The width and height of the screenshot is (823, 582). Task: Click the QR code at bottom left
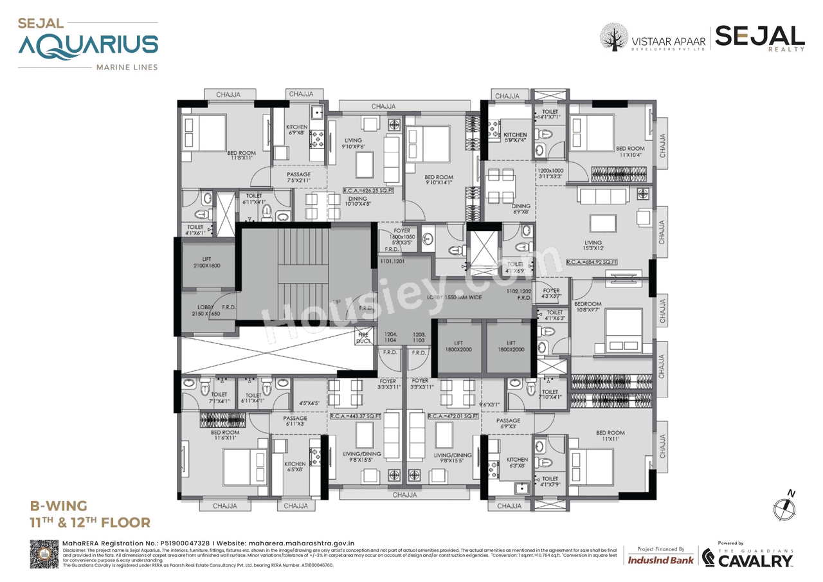pos(44,554)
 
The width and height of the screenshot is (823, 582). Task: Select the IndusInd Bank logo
pos(660,559)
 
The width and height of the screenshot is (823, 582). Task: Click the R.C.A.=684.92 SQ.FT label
pos(592,262)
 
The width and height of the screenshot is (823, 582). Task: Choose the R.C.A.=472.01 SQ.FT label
pos(453,416)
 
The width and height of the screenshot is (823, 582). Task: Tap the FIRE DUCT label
pos(363,338)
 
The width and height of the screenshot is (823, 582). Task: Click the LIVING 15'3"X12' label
pos(593,246)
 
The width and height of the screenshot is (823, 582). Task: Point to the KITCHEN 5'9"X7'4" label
pos(515,138)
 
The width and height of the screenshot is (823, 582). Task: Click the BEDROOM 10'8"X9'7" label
pos(588,307)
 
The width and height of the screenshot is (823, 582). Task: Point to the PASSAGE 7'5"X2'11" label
pos(298,177)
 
